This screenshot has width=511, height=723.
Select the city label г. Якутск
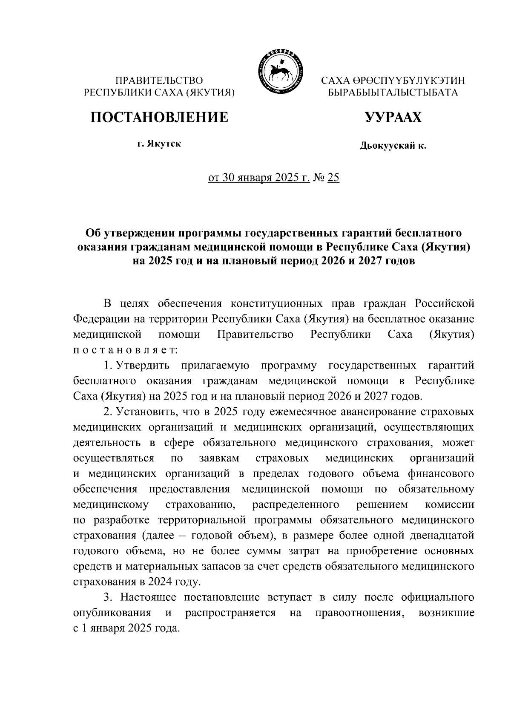click(x=159, y=144)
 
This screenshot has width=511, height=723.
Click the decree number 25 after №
click(x=333, y=178)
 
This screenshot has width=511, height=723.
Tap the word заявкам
click(x=219, y=458)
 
